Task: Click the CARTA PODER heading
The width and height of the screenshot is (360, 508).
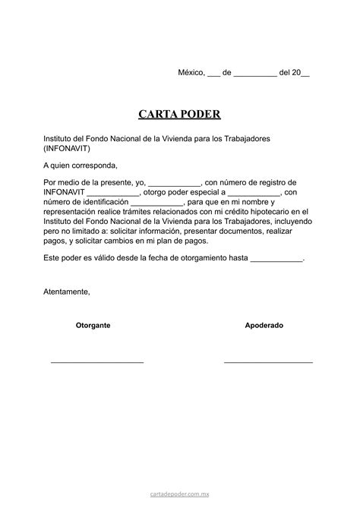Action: [x=179, y=115]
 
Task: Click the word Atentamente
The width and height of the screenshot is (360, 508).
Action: [x=67, y=292]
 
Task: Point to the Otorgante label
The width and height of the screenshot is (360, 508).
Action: [x=93, y=325]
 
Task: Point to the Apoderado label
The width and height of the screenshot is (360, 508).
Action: [x=264, y=325]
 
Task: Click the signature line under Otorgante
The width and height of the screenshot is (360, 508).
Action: [x=96, y=362]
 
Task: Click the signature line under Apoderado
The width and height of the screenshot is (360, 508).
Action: [x=268, y=362]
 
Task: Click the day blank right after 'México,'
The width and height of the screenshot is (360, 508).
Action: [x=214, y=74]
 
